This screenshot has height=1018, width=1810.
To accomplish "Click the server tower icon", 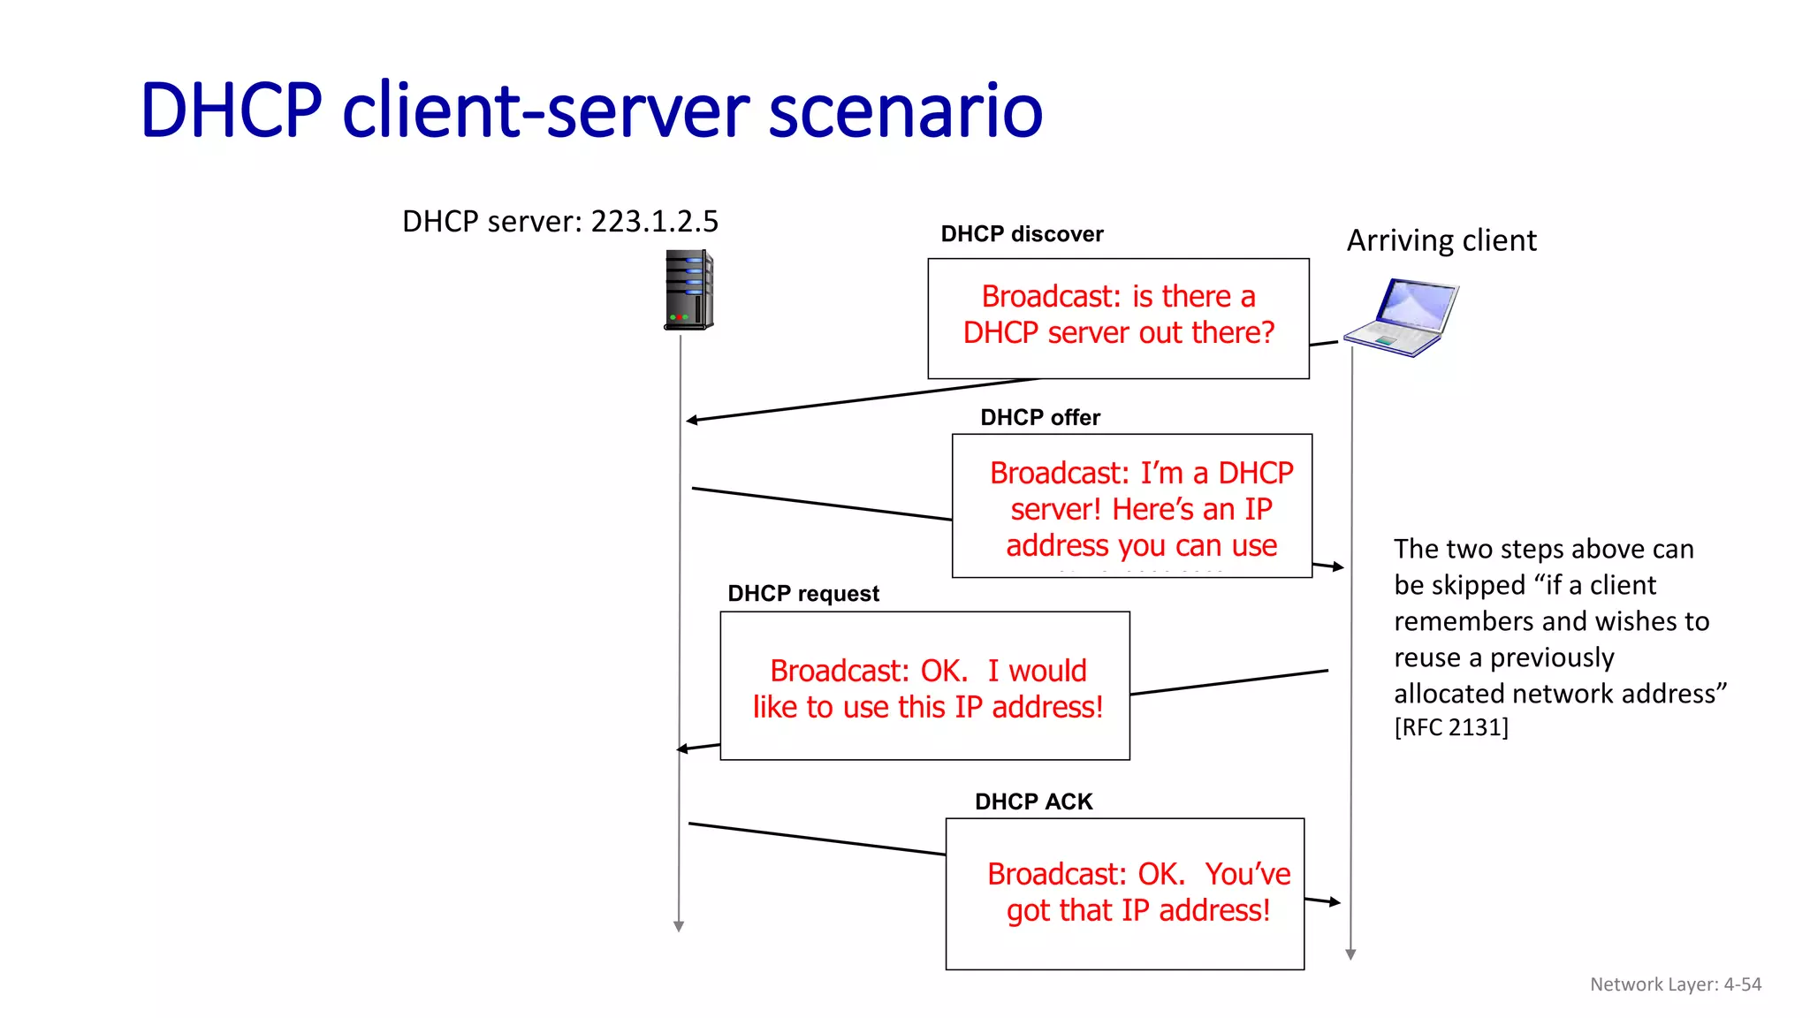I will pyautogui.click(x=688, y=290).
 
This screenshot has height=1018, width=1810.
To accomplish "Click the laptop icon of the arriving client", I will pyautogui.click(x=1403, y=317).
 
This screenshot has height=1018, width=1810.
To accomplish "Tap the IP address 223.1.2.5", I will pyautogui.click(x=654, y=221).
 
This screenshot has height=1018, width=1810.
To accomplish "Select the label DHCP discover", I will pyautogui.click(x=1022, y=234).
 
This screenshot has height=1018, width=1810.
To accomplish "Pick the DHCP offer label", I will pyautogui.click(x=1039, y=417).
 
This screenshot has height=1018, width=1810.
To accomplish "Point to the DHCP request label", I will pyautogui.click(x=802, y=594).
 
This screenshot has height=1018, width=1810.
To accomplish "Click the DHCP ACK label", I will pyautogui.click(x=1033, y=801).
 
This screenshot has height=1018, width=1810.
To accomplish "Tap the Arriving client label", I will pyautogui.click(x=1441, y=240).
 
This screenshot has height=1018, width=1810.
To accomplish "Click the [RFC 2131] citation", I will pyautogui.click(x=1450, y=727).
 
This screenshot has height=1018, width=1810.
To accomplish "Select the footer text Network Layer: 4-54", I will pyautogui.click(x=1675, y=984).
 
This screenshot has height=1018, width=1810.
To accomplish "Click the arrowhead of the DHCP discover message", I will pyautogui.click(x=692, y=420).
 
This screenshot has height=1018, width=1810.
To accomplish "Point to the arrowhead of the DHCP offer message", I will pyautogui.click(x=1338, y=566).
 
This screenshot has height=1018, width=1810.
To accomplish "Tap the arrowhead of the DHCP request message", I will pyautogui.click(x=682, y=748).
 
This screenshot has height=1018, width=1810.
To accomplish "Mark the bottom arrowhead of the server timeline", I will pyautogui.click(x=679, y=926).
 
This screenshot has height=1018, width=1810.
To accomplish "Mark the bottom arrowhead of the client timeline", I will pyautogui.click(x=1350, y=954).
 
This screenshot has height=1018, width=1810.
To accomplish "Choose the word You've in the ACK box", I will pyautogui.click(x=1247, y=874).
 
